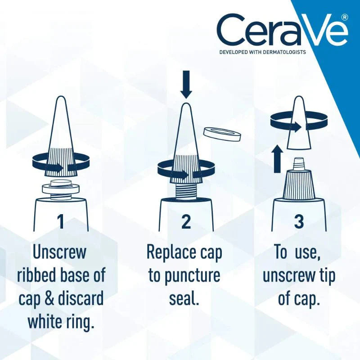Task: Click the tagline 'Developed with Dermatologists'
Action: pos(262,52)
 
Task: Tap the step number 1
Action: pos(60,221)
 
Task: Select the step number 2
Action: pos(186,221)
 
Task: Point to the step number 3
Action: pos(298,221)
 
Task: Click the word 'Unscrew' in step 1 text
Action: pos(59,252)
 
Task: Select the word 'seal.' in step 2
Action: pos(184,298)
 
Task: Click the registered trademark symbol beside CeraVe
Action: pos(345,17)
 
